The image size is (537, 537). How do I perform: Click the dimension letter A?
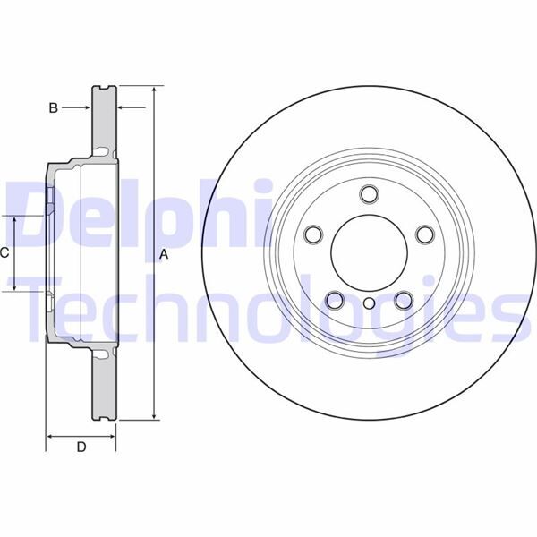click(164, 254)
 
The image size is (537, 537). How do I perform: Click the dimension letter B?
click(54, 107)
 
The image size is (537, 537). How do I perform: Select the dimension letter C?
click(4, 253)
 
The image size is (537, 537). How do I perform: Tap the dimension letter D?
click(81, 447)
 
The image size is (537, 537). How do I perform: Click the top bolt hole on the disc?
click(368, 194)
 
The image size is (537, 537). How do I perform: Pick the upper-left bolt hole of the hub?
click(313, 234)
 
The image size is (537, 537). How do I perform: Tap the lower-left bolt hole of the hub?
click(334, 300)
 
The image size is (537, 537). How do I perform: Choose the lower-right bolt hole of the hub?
click(402, 300)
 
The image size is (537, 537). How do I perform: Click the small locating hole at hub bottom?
click(368, 303)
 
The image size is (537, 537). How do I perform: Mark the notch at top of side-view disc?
click(105, 88)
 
